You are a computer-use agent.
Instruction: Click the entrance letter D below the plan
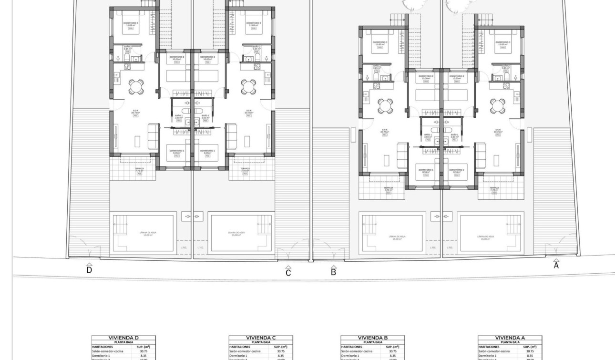tap(89, 269)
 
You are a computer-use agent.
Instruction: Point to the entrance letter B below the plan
tap(334, 272)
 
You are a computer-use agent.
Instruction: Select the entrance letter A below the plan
tap(556, 265)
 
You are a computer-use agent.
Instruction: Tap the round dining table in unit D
tap(136, 86)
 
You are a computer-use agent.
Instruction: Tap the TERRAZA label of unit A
tap(494, 189)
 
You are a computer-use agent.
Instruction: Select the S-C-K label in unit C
tap(249, 112)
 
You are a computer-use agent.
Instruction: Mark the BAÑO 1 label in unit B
tap(428, 136)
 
